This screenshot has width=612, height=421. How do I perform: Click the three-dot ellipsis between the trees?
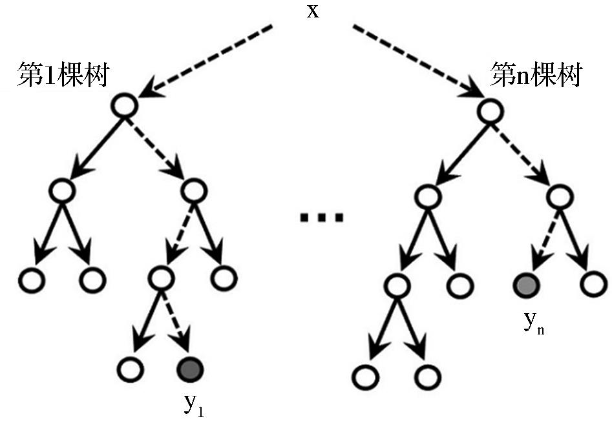coord(321,218)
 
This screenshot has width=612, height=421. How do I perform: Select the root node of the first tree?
coord(125,105)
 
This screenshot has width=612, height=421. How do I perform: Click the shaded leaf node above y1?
coord(191,369)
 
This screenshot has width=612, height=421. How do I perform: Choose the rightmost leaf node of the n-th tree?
coord(594,283)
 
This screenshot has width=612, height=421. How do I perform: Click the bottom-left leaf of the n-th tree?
coord(364,375)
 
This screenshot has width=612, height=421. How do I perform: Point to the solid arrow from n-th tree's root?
coord(455,150)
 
